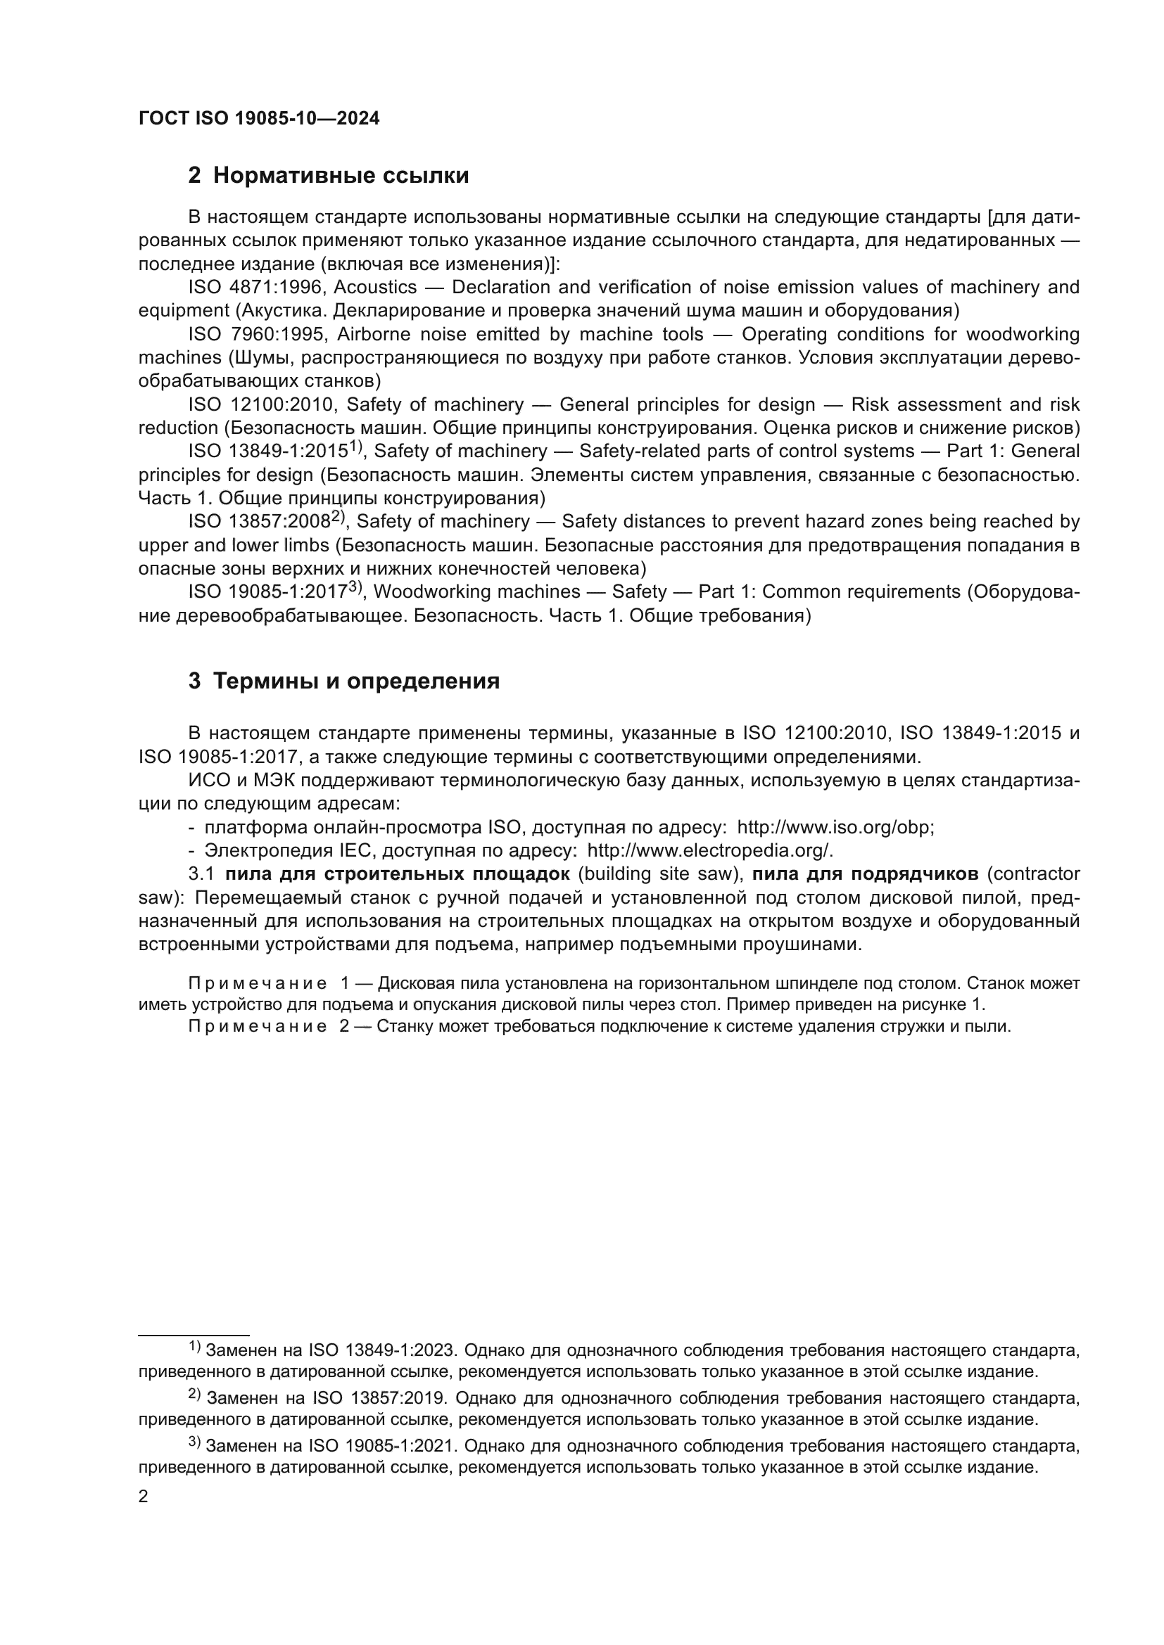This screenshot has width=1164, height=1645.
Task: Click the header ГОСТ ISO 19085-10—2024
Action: click(259, 119)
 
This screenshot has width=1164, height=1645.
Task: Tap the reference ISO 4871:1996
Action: click(256, 288)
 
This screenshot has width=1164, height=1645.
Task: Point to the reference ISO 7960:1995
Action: click(258, 335)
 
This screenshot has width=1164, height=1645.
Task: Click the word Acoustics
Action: click(375, 288)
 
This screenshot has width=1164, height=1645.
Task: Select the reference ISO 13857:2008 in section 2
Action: click(259, 522)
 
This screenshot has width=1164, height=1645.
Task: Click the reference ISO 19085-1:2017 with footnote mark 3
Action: click(268, 591)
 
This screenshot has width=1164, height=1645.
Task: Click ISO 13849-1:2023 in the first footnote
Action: click(381, 1350)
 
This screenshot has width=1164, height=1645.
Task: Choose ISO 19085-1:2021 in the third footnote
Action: click(381, 1446)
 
